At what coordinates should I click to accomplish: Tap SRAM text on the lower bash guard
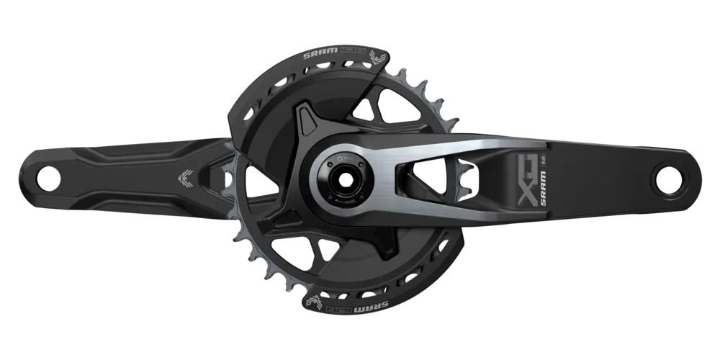[393, 300]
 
